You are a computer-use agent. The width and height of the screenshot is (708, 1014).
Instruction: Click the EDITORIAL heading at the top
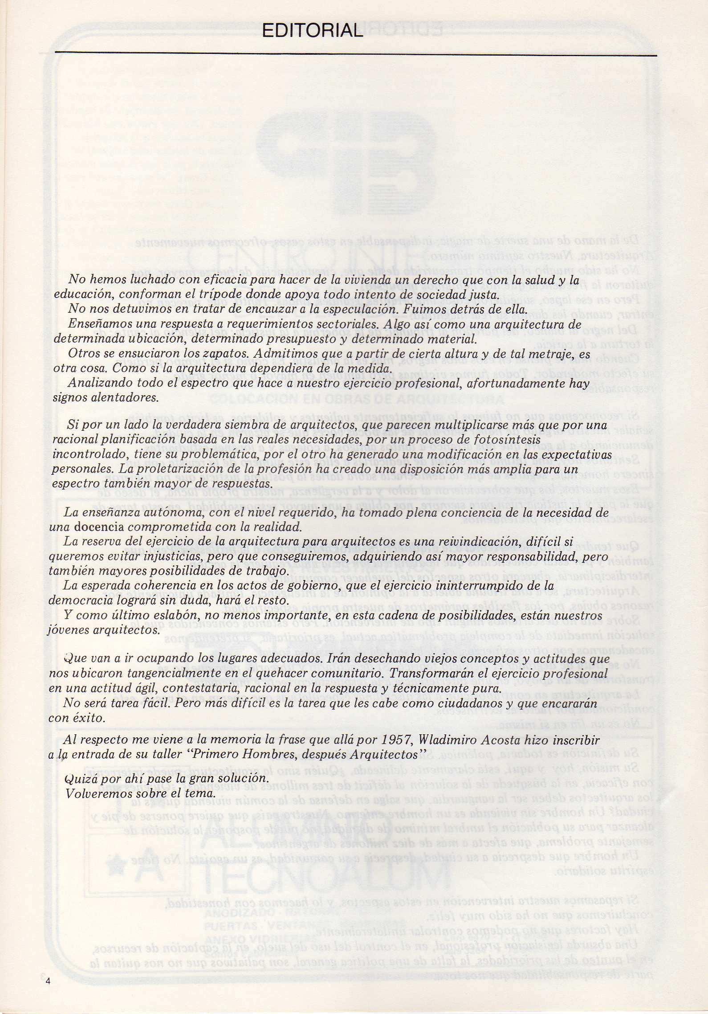313,31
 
